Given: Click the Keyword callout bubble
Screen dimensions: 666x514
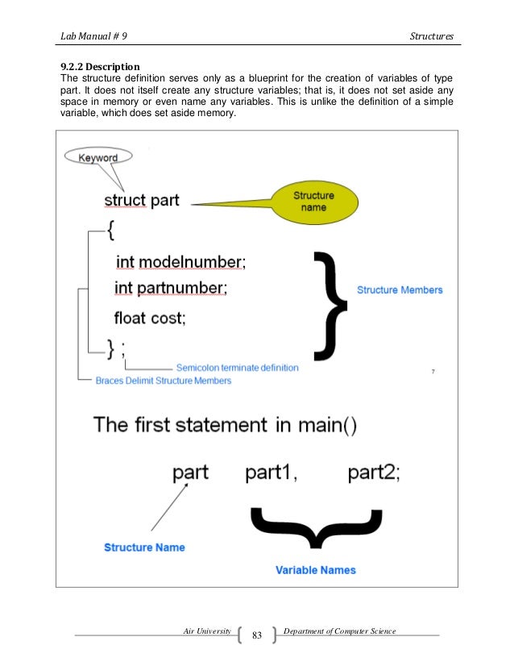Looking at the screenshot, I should pyautogui.click(x=97, y=157).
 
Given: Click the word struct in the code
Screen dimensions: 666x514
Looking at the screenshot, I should pyautogui.click(x=125, y=200).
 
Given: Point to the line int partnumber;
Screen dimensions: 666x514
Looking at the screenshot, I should pyautogui.click(x=171, y=288).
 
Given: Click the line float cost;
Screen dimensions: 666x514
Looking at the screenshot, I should pyautogui.click(x=150, y=318).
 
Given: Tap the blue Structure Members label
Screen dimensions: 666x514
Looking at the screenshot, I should pyautogui.click(x=400, y=289).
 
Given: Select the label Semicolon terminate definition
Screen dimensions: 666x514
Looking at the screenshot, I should pyautogui.click(x=237, y=368).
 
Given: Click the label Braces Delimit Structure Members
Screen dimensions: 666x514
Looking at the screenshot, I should pyautogui.click(x=163, y=380).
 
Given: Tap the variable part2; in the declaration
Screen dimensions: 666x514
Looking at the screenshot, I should pyautogui.click(x=374, y=473).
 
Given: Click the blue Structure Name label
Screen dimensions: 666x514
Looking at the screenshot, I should pyautogui.click(x=144, y=547).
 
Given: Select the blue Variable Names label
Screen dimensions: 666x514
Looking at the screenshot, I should pyautogui.click(x=316, y=570).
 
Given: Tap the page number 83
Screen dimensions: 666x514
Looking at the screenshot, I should pyautogui.click(x=258, y=637).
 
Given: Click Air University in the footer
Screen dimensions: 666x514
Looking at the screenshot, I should pyautogui.click(x=208, y=630).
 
